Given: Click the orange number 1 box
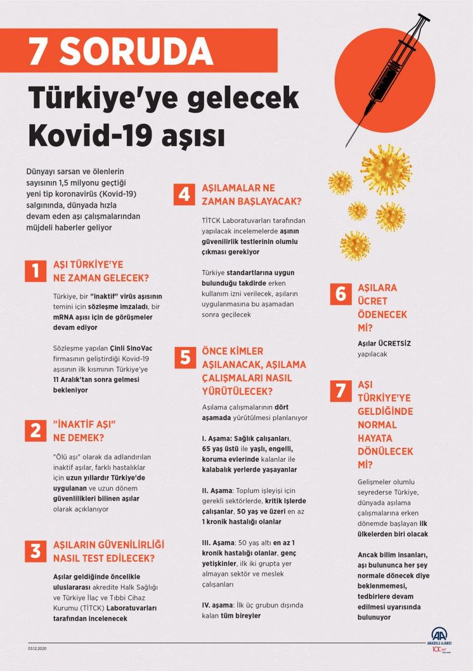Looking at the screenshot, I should click(x=35, y=271).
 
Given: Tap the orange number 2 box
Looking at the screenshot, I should click(x=35, y=430).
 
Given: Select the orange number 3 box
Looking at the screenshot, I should click(x=35, y=551).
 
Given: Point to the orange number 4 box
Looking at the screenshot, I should click(x=184, y=195).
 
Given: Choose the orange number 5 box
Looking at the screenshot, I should click(x=184, y=357).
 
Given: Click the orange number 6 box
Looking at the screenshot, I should click(x=340, y=294).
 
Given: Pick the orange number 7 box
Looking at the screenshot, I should click(x=340, y=391).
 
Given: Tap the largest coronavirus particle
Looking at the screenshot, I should click(x=386, y=168).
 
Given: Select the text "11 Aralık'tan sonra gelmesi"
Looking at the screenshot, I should click(x=93, y=379).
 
